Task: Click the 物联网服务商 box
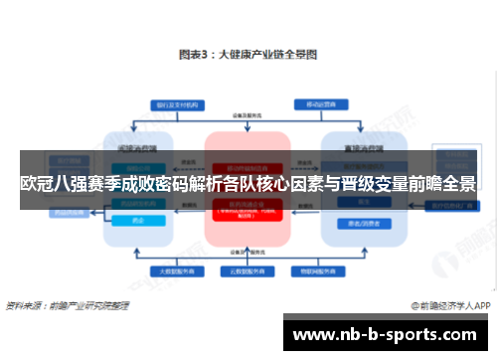307,270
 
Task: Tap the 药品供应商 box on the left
69,211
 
